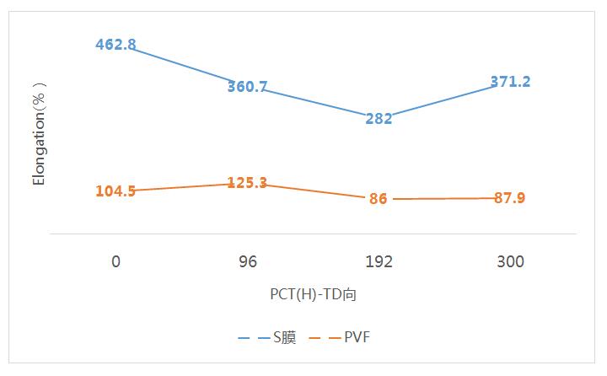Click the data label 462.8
point(115,45)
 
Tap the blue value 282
point(379,119)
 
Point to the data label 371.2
point(510,82)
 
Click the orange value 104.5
point(115,191)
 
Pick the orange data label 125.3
point(247,182)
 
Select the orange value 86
point(379,199)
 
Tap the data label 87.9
point(510,198)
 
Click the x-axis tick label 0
point(115,261)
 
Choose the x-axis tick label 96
point(247,261)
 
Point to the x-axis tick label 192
point(379,261)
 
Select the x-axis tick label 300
point(510,261)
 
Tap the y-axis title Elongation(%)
point(39,133)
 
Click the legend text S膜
point(283,337)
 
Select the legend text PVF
point(357,337)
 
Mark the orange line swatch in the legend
point(325,337)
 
